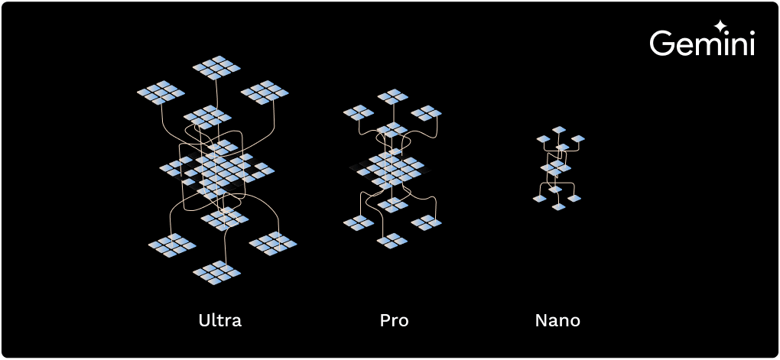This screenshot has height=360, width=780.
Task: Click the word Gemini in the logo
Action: tap(702, 44)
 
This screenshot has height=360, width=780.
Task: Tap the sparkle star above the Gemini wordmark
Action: tap(720, 25)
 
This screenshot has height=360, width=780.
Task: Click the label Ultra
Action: tap(220, 320)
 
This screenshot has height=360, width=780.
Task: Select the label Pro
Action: tap(394, 320)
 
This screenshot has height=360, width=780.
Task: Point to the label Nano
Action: tap(557, 320)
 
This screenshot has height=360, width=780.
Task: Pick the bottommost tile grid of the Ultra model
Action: tap(216, 272)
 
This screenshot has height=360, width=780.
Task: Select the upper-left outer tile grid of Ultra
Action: tap(161, 92)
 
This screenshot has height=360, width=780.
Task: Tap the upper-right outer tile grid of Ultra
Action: tap(265, 92)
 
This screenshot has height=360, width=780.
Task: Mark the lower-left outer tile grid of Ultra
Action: tap(172, 245)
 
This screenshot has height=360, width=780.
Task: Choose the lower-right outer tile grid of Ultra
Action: tap(273, 244)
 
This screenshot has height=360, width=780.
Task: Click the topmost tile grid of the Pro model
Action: tap(393, 96)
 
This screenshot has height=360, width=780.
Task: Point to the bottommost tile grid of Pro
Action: tap(392, 240)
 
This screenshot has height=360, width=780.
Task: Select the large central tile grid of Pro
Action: tap(392, 167)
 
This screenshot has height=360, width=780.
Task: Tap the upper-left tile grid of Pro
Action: tap(358, 113)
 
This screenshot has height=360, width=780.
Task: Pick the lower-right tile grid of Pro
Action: tap(427, 222)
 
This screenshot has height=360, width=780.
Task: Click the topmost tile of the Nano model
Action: tap(559, 130)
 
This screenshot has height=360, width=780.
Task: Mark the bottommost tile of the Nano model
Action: tap(558, 207)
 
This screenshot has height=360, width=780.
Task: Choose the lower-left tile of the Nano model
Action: tap(540, 199)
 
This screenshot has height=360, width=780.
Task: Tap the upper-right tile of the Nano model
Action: tap(578, 139)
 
